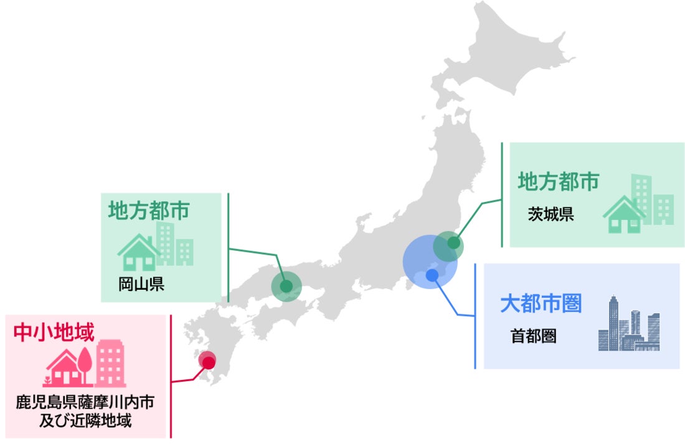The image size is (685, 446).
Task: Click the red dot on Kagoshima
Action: click(x=209, y=362)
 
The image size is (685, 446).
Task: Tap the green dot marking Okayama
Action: click(x=286, y=287)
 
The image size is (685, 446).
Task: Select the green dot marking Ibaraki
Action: click(x=454, y=242)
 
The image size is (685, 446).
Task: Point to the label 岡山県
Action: click(x=141, y=285)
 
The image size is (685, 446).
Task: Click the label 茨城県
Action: click(x=550, y=215)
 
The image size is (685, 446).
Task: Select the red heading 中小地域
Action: click(x=54, y=332)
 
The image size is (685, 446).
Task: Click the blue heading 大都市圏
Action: click(x=541, y=304)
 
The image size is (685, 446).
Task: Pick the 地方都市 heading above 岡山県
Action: click(x=149, y=211)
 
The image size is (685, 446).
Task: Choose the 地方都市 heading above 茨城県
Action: click(x=558, y=181)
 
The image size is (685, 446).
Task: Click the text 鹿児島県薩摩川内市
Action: click(x=85, y=402)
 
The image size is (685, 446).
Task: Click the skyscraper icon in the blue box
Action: click(x=628, y=324)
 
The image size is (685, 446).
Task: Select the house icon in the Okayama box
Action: click(x=138, y=252)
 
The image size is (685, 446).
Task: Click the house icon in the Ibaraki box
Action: click(x=623, y=215)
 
